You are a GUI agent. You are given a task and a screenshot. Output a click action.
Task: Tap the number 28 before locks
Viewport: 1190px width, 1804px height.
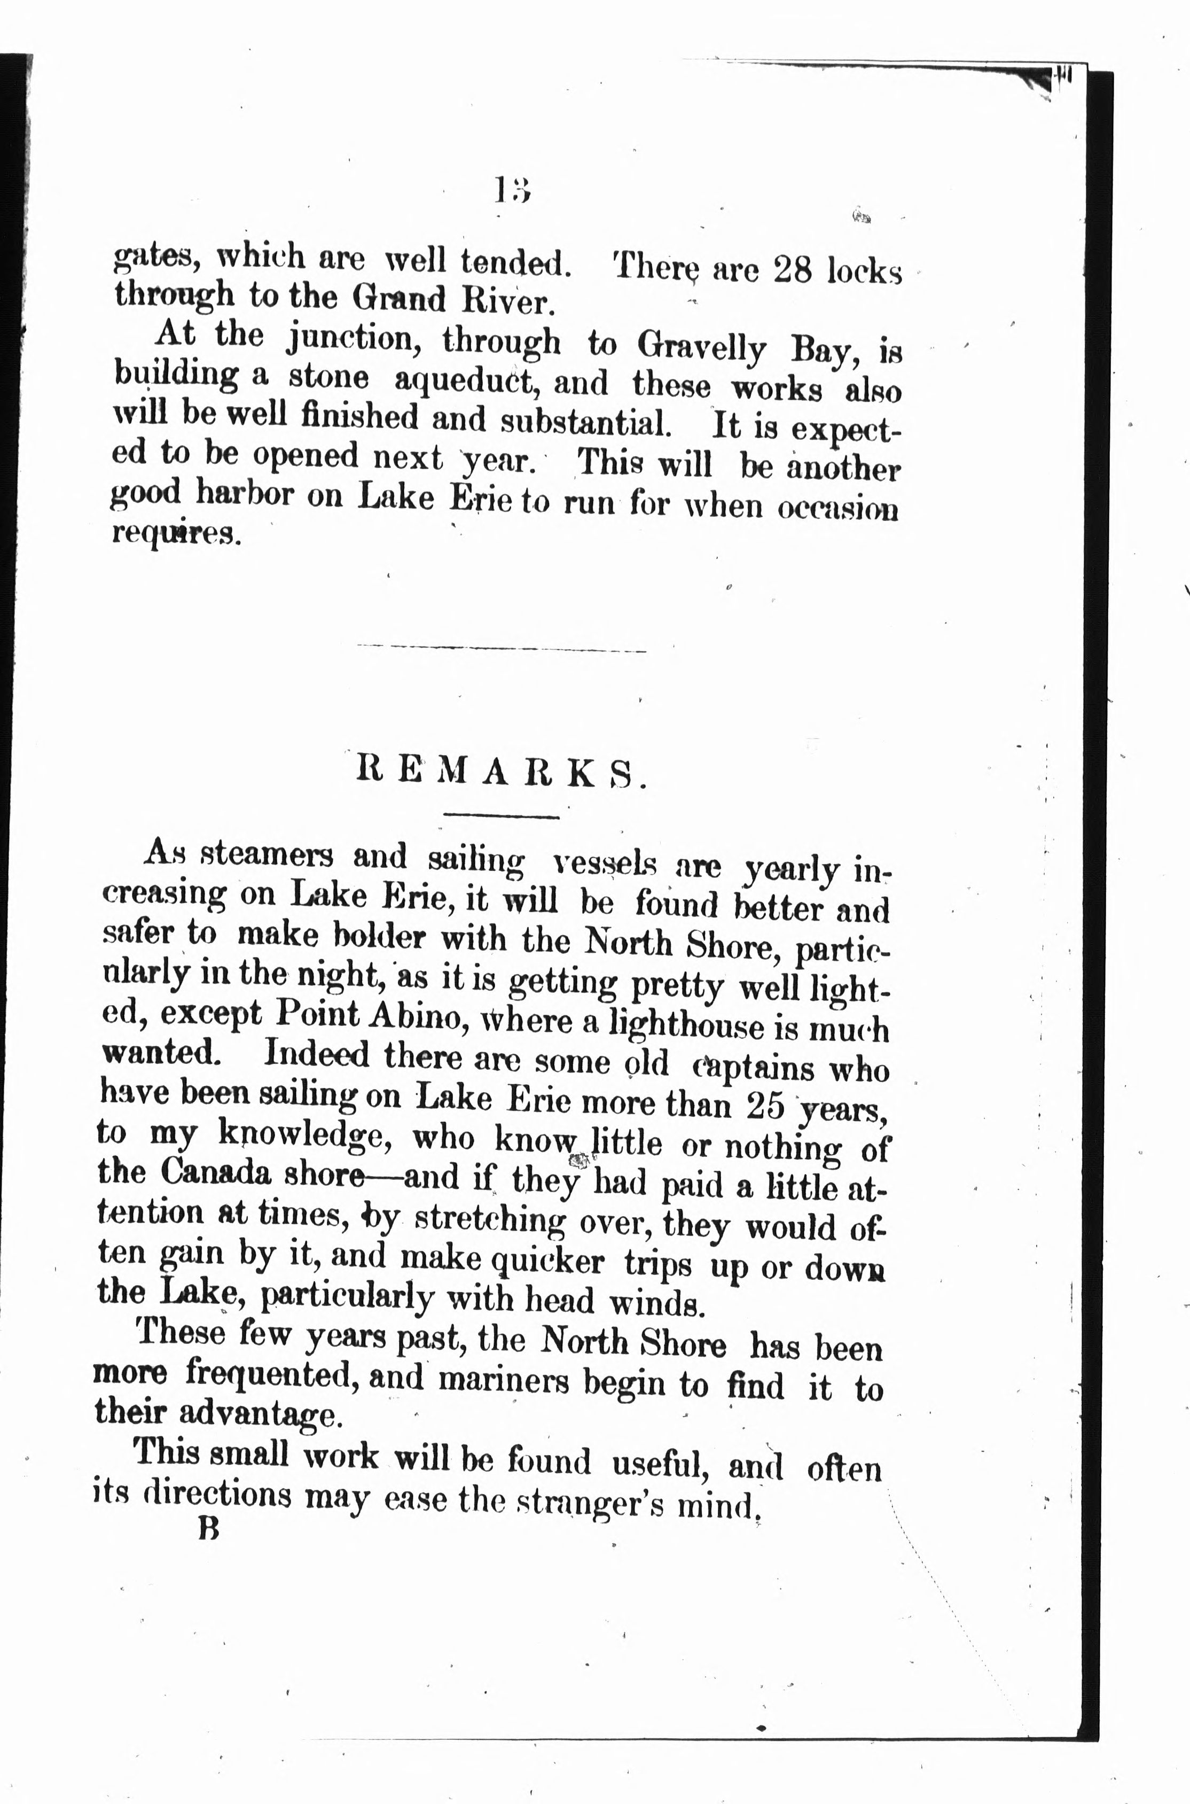pos(792,270)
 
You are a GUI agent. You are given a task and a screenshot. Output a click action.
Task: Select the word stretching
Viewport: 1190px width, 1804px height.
pos(490,1220)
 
